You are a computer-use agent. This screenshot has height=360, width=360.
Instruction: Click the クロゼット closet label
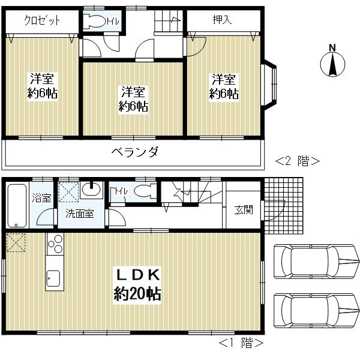[x=42, y=20]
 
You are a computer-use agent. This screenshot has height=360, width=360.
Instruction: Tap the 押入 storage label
[x=222, y=20]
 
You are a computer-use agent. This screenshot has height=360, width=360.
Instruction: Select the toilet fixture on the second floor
[x=94, y=21]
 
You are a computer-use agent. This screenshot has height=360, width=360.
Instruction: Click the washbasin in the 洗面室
[x=91, y=190]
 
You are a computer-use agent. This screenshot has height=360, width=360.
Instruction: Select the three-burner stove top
[x=55, y=244]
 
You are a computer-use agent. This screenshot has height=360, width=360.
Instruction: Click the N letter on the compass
[x=332, y=48]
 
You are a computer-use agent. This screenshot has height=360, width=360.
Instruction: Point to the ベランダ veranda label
[x=135, y=152]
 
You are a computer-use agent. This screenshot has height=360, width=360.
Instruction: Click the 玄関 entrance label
[x=244, y=210]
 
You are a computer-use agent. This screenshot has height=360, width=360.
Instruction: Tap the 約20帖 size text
[x=137, y=293]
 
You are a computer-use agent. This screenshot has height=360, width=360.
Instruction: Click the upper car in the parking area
[x=317, y=262]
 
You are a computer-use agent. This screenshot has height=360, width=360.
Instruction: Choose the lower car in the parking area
[x=317, y=311]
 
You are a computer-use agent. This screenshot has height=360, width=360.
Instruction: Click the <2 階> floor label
[x=298, y=161]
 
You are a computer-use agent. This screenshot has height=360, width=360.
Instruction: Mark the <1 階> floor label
[x=241, y=343]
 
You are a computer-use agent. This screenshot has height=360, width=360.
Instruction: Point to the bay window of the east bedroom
[x=269, y=86]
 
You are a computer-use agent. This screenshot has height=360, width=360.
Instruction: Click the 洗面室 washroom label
[x=79, y=214]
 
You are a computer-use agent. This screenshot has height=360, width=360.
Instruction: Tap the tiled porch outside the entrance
[x=284, y=205]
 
